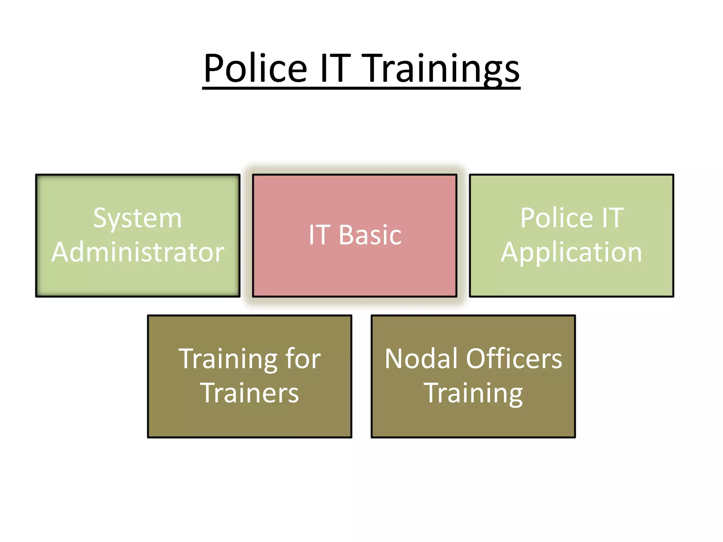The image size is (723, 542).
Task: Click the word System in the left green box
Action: (x=137, y=219)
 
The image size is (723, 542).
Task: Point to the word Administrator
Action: (x=138, y=252)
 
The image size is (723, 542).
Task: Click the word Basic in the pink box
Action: (x=370, y=235)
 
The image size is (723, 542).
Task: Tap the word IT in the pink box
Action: (x=319, y=235)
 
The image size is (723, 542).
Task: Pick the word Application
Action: (x=571, y=253)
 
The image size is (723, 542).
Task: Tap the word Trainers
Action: (x=250, y=393)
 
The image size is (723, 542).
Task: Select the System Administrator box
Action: (x=138, y=279)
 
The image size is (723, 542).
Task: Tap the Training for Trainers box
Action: (x=250, y=420)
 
